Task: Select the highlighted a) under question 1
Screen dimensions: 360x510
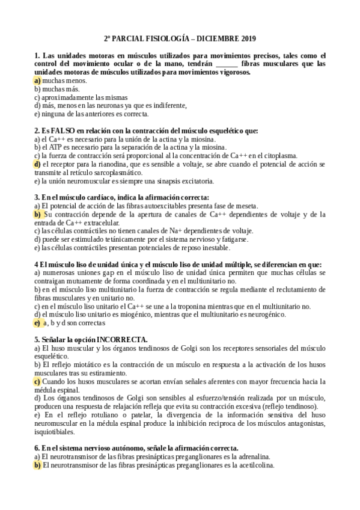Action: click(x=37, y=80)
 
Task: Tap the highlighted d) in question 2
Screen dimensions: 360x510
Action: click(x=37, y=164)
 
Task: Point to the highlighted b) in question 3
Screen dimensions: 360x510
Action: click(x=37, y=214)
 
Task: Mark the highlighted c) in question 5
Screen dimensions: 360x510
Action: click(x=37, y=381)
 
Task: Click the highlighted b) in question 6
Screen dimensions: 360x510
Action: click(x=37, y=465)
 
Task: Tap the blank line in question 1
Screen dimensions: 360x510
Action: click(x=227, y=63)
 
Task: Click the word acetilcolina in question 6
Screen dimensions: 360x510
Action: click(x=254, y=465)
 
